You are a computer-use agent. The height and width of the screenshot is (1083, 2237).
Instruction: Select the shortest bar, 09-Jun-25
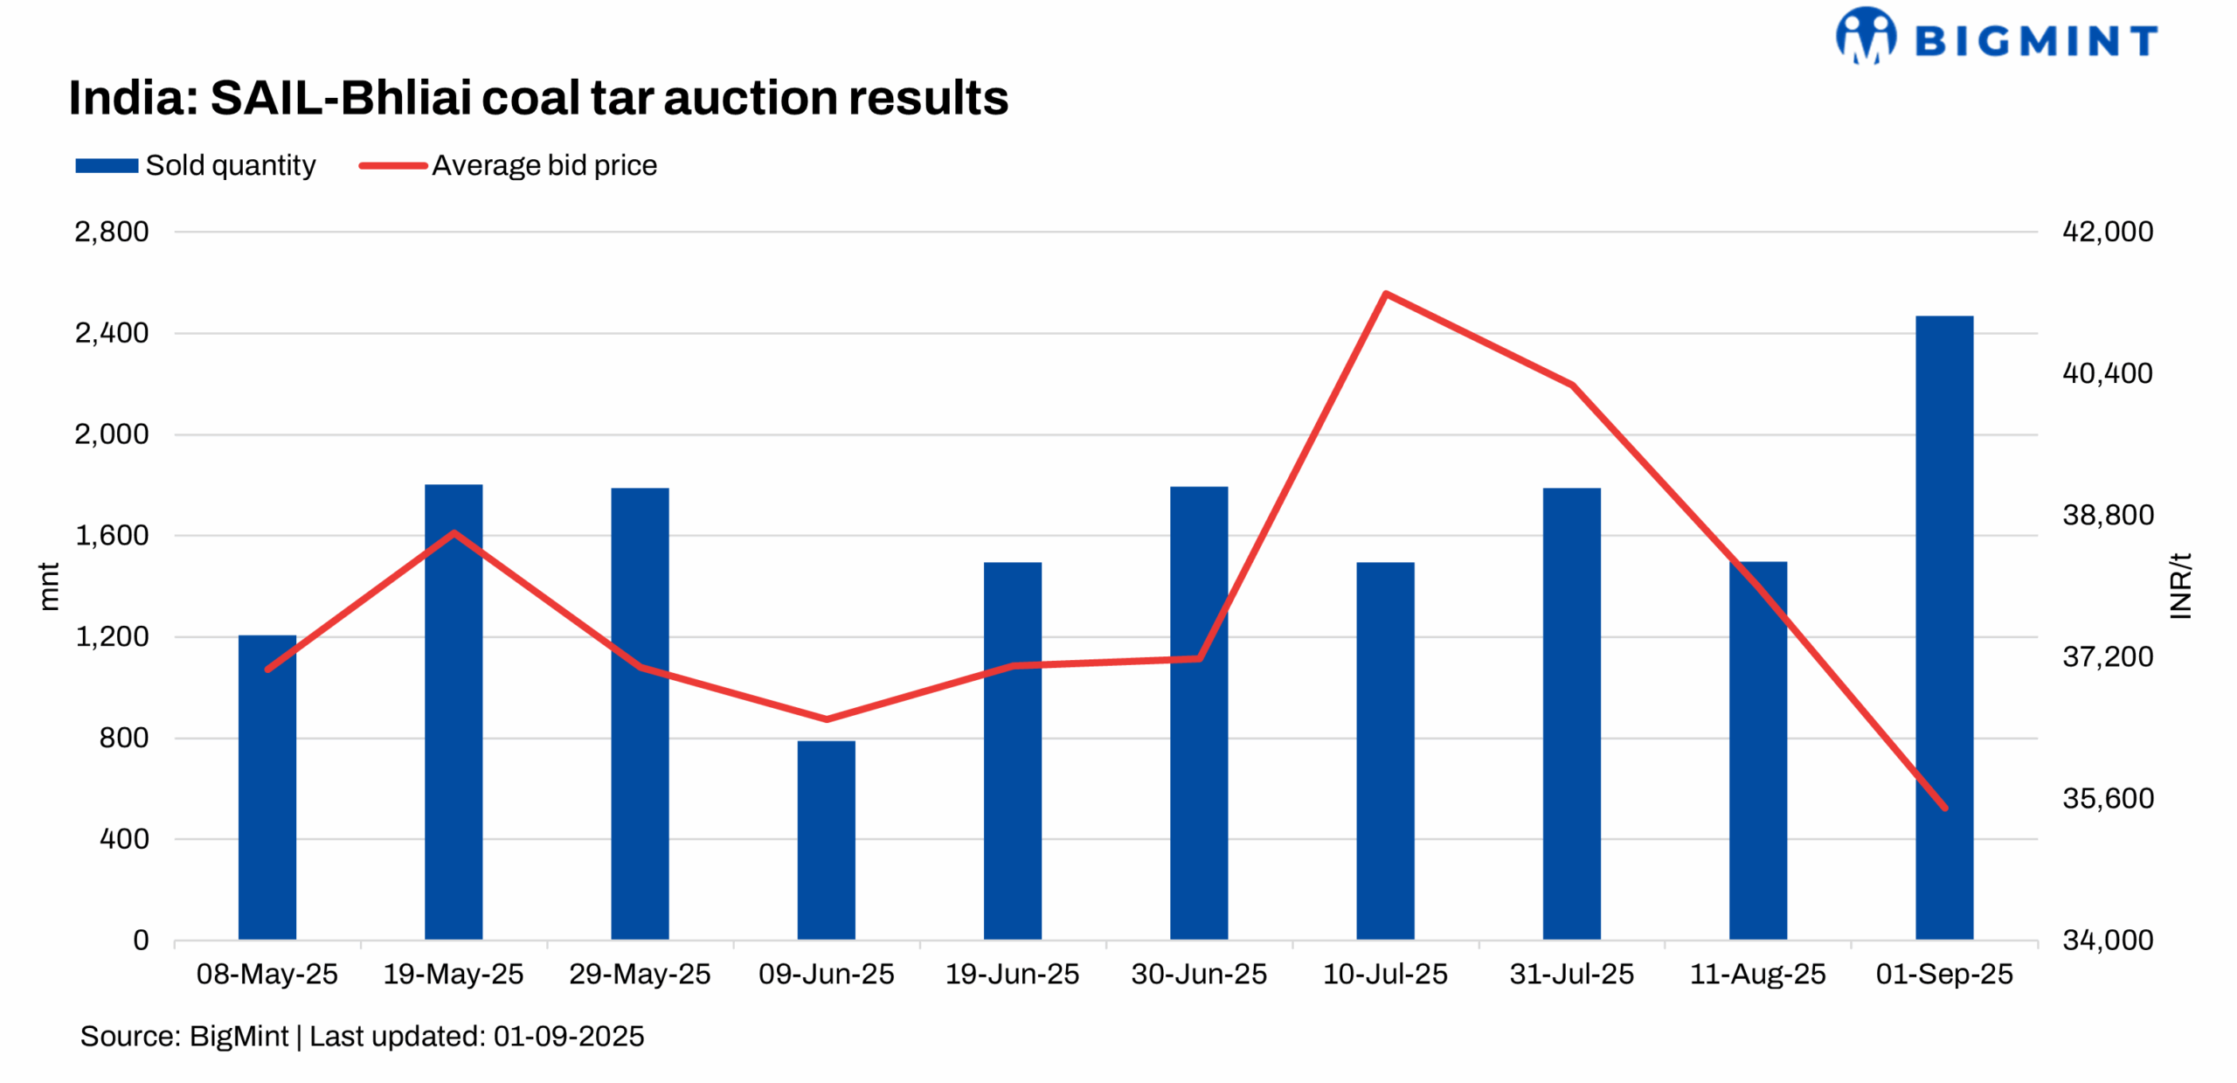click(x=826, y=839)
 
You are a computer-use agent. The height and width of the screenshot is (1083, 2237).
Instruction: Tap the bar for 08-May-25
click(x=267, y=787)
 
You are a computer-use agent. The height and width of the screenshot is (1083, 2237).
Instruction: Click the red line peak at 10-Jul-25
click(x=1386, y=294)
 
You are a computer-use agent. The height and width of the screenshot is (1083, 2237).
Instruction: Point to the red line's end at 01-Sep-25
click(x=1944, y=807)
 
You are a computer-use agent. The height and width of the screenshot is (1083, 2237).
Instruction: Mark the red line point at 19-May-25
click(x=454, y=532)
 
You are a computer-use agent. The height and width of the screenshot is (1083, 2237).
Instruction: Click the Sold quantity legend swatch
click(x=107, y=165)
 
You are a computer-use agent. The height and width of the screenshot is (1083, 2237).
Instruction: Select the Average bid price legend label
click(x=544, y=165)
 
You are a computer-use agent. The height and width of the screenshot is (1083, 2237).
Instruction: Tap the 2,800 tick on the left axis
click(x=111, y=232)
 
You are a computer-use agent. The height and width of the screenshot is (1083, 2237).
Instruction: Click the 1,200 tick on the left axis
click(x=111, y=636)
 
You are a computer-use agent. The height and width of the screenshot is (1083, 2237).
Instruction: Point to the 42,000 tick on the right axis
click(x=2107, y=232)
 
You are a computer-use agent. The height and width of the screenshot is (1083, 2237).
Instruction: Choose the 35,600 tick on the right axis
click(x=2107, y=798)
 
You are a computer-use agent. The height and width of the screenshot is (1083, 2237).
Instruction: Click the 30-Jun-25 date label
click(x=1198, y=973)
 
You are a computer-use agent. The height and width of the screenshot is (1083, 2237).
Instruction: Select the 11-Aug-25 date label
click(x=1757, y=973)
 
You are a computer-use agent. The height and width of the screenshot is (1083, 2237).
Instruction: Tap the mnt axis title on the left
click(x=49, y=586)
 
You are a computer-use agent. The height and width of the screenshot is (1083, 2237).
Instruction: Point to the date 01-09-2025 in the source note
click(x=568, y=1036)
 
